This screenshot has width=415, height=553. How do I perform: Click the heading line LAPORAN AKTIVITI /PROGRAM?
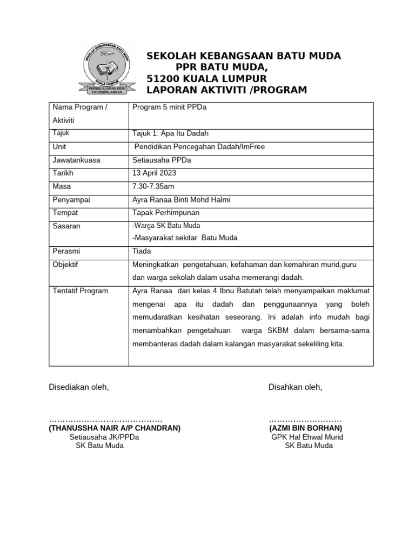[226, 90]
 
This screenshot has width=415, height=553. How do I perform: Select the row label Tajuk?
[61, 133]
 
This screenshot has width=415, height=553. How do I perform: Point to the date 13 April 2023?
[154, 173]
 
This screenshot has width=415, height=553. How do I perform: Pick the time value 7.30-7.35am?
[153, 186]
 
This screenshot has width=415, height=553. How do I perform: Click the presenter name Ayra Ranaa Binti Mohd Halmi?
[181, 200]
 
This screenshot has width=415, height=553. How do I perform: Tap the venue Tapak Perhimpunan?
[165, 213]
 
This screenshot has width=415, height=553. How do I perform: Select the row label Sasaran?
[66, 226]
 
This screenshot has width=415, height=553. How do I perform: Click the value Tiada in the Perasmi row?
[142, 251]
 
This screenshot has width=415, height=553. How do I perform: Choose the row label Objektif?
[65, 265]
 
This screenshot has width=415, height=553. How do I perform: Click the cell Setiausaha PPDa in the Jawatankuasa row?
[162, 160]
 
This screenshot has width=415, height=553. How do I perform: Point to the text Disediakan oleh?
[79, 387]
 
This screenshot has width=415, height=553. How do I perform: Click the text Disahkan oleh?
[295, 387]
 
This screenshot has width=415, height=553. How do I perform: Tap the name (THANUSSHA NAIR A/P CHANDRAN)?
[115, 428]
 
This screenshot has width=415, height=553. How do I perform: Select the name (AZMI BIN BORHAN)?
[305, 428]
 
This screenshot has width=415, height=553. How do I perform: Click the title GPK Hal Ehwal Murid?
[307, 437]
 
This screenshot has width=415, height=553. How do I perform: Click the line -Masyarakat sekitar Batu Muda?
[185, 238]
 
